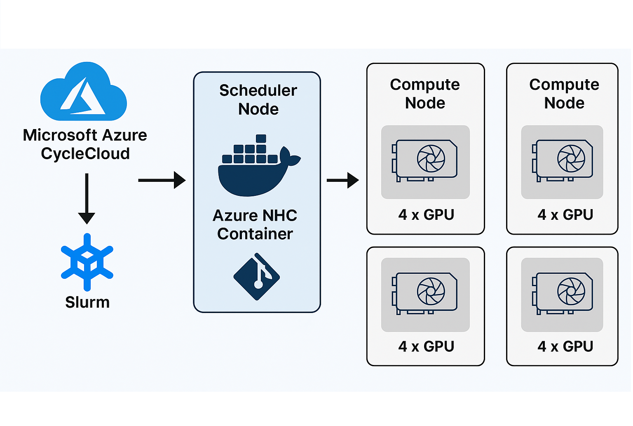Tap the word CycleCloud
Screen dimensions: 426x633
tap(85, 154)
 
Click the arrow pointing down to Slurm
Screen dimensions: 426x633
tap(87, 198)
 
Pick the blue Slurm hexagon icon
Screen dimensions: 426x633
tap(87, 262)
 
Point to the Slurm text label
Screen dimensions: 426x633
tap(87, 302)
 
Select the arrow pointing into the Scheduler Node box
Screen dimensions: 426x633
tap(162, 180)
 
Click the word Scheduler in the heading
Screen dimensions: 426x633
tap(258, 90)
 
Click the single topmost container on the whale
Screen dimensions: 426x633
tap(261, 139)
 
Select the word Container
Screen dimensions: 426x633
tap(255, 234)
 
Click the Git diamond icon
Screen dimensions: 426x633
tap(257, 277)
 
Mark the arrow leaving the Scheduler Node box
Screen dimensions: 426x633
tap(342, 180)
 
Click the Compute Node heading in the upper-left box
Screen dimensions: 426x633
tap(425, 94)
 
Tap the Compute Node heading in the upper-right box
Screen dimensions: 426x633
tap(564, 94)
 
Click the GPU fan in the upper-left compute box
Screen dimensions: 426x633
tap(431, 158)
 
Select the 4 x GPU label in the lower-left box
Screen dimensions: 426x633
tap(426, 346)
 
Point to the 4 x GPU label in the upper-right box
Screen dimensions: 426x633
tap(565, 215)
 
